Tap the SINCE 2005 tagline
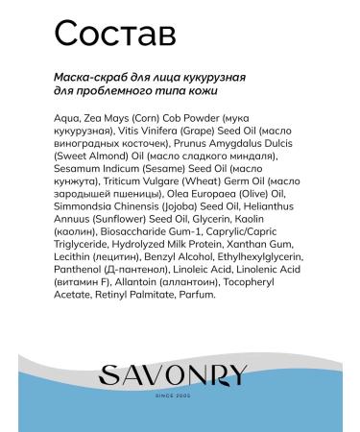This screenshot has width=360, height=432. pos(180,390)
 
